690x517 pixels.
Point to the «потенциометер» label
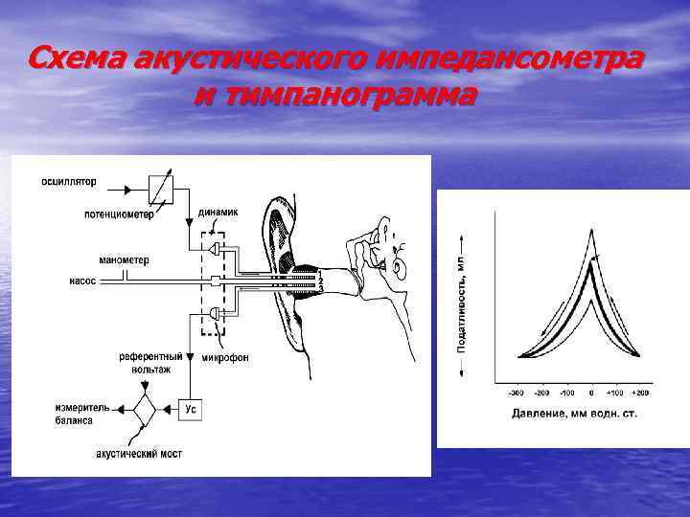point(119,214)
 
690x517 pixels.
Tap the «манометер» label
point(124,259)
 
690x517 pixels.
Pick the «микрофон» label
point(226,357)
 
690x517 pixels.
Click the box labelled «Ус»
point(192,410)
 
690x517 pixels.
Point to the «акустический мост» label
point(140,453)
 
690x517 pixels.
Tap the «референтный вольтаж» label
point(145,361)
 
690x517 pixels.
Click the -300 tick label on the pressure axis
point(517,393)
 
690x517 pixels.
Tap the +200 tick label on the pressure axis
point(639,393)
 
